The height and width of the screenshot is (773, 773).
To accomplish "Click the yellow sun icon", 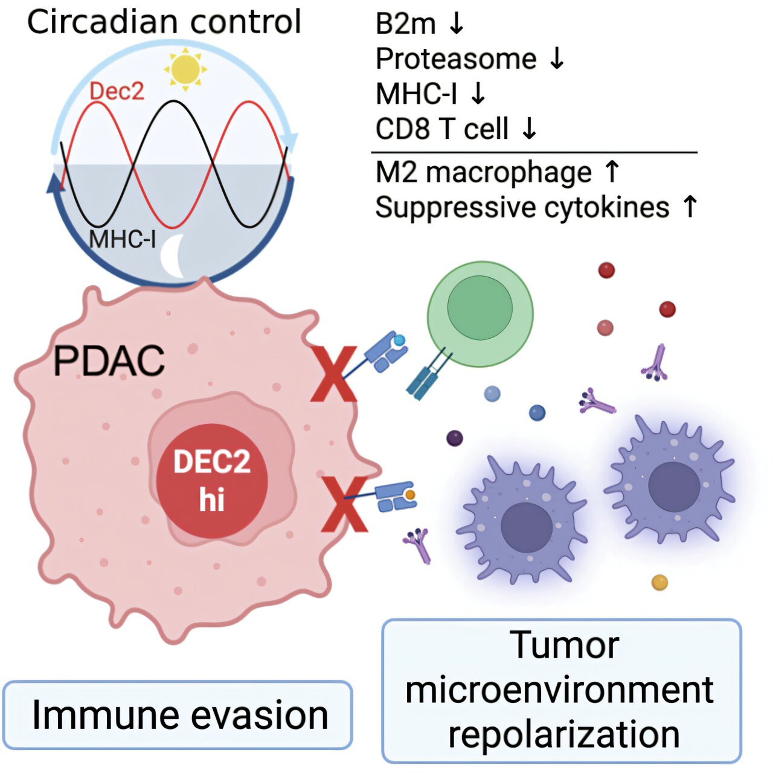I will coord(185,69).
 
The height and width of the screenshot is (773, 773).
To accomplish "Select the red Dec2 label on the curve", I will coord(117,91).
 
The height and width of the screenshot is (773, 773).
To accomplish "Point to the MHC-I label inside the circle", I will coord(122,239).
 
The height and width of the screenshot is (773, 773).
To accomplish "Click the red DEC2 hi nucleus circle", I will coord(211,481).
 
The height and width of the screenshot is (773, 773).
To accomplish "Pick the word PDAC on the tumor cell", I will coord(109,361).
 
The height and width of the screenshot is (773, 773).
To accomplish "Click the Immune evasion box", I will coord(178,715).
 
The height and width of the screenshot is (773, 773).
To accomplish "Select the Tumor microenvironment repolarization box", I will coord(562,690).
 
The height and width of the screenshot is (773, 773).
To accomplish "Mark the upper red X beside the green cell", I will coord(333,374).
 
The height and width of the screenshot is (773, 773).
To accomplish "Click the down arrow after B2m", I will coord(457,23).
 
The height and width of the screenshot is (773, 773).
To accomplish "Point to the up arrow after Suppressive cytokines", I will coord(690,207).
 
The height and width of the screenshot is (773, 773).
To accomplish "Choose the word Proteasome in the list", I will coord(456,59).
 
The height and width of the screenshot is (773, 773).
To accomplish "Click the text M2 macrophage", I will coord(483,172).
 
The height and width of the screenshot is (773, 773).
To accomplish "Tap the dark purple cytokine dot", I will coord(454,438).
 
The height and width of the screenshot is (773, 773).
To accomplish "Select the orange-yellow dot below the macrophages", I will coord(659,583).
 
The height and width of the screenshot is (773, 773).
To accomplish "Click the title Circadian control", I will coord(164,22).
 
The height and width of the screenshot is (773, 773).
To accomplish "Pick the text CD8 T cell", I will coord(442,128).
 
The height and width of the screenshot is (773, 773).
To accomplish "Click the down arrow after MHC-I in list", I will coord(478,94).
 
